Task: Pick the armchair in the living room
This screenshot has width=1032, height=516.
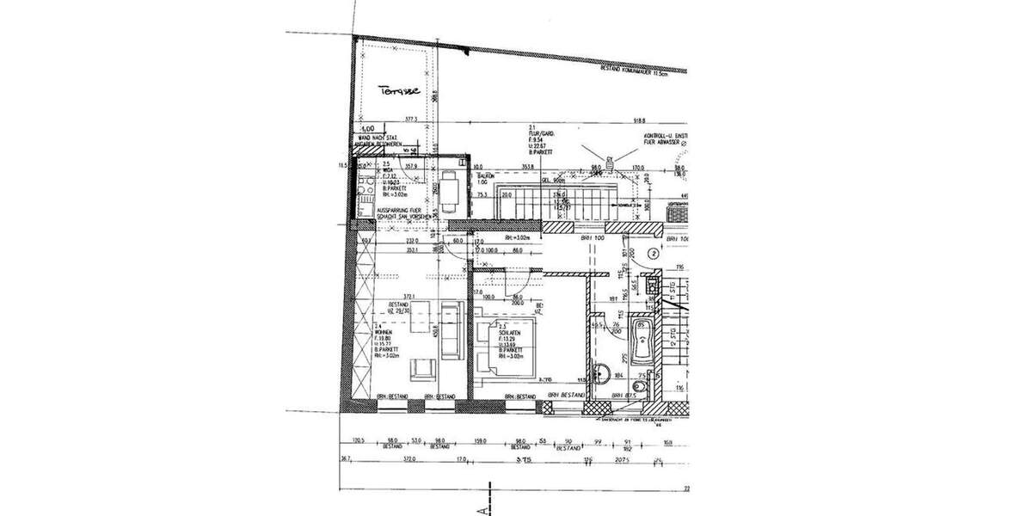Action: (421, 370)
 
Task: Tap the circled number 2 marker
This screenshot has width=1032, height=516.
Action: (654, 254)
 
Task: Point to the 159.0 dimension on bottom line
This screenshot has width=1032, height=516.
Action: (481, 439)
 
